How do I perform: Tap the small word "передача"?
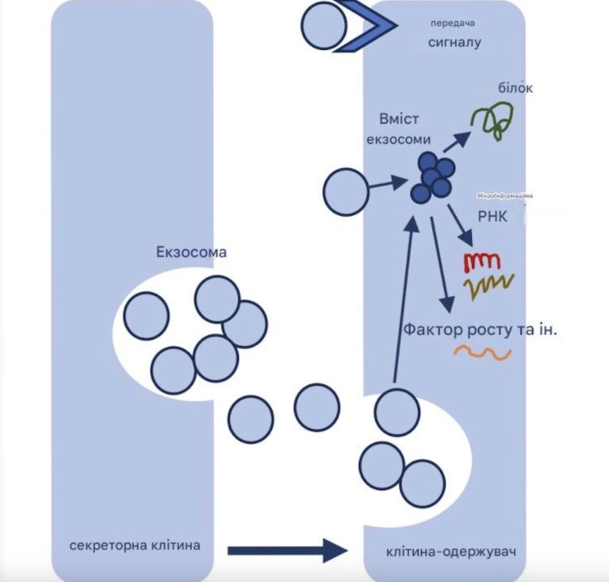(453, 22)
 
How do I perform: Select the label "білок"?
(515, 88)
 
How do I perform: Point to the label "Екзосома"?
(191, 252)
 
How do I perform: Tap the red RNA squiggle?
(480, 260)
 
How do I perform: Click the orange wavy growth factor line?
(482, 353)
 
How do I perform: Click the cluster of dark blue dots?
(433, 179)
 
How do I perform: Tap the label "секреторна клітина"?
(135, 546)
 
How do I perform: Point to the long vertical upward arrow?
(404, 294)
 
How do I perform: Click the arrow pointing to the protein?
(455, 144)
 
